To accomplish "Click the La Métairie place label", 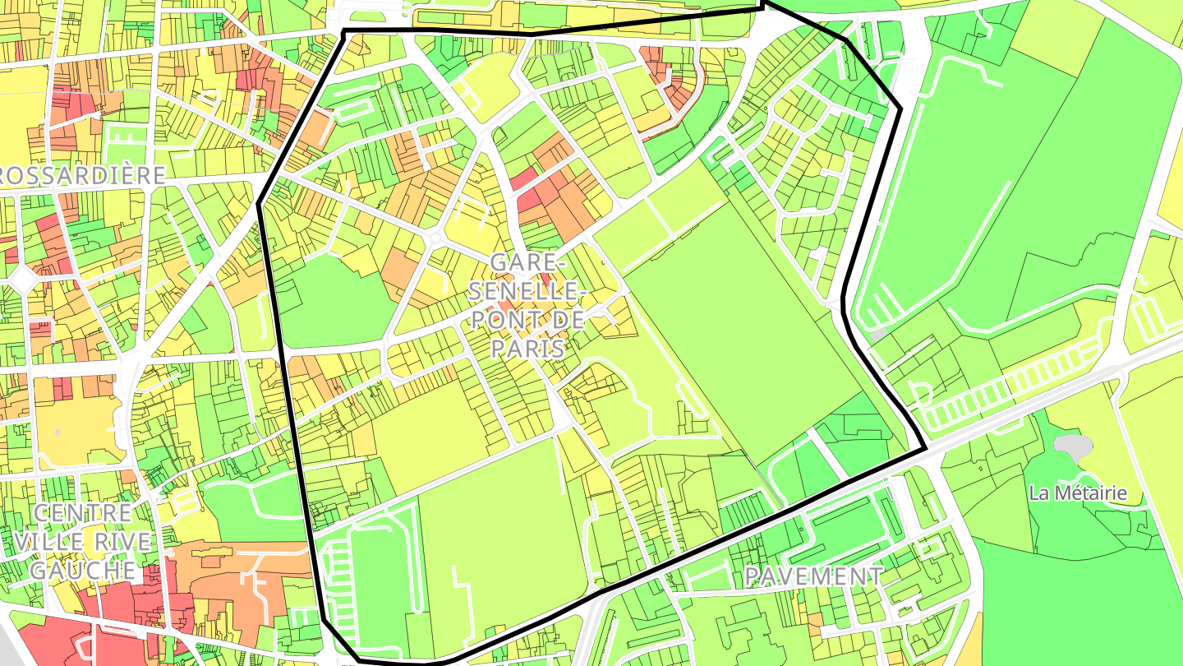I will (x=1078, y=493).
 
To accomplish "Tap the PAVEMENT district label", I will (x=813, y=576).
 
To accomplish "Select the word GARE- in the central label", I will (x=527, y=263).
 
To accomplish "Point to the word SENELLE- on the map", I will (x=527, y=291).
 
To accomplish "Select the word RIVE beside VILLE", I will (x=123, y=542).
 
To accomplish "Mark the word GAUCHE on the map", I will (x=83, y=570).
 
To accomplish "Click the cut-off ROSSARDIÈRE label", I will (x=82, y=174).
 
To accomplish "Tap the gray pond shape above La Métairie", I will (x=1074, y=446).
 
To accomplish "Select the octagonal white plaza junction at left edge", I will (x=20, y=277).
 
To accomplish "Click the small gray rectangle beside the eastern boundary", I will (x=879, y=335).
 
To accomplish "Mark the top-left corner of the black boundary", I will (x=343, y=31).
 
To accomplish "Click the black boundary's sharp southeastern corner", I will (x=926, y=449).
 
